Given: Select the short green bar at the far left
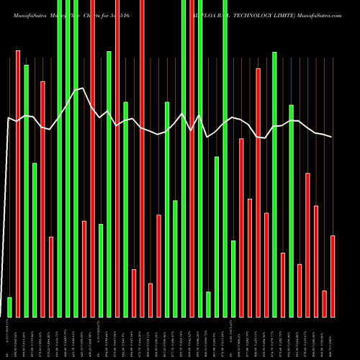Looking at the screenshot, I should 9,307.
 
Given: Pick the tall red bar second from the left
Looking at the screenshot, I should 18,184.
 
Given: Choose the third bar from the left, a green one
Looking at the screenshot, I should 26,191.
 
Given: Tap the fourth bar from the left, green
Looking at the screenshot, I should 35,240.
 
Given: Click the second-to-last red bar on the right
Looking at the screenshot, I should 324,303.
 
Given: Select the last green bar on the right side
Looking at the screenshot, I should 291,210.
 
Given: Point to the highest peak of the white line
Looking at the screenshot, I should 76,89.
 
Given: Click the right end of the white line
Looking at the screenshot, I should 332,137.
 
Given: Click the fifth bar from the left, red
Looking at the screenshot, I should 42,199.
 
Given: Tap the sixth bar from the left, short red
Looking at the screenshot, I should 51,276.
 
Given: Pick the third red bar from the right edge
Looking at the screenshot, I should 316,261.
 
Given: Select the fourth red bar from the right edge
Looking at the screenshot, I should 307,245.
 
